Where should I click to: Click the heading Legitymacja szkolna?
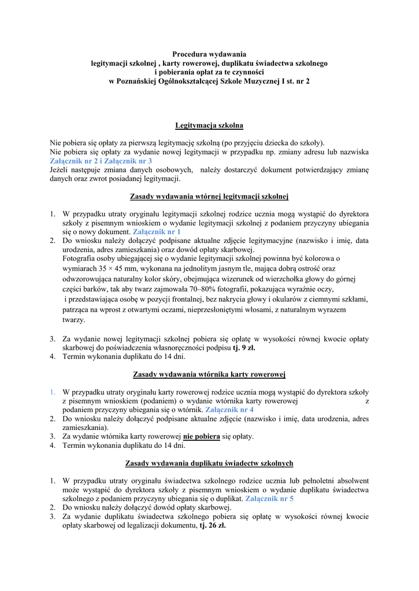pyautogui.click(x=209, y=125)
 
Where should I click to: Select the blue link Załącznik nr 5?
pyautogui.click(x=269, y=498)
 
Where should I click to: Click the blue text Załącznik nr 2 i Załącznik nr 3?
pyautogui.click(x=101, y=161)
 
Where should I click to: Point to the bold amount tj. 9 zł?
pyautogui.click(x=244, y=348)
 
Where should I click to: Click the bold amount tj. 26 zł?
pyautogui.click(x=213, y=526)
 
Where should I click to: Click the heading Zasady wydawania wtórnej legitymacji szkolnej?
pyautogui.click(x=209, y=197)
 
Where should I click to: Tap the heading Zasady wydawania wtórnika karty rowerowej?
pyautogui.click(x=209, y=375)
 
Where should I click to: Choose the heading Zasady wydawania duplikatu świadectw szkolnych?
pyautogui.click(x=209, y=463)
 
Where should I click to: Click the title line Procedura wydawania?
pyautogui.click(x=209, y=54)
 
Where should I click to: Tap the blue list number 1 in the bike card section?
pyautogui.click(x=51, y=392)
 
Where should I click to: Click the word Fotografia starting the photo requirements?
pyautogui.click(x=80, y=258)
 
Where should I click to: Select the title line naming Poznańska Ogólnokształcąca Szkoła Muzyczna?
pyautogui.click(x=209, y=81)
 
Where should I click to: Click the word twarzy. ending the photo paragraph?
pyautogui.click(x=73, y=320)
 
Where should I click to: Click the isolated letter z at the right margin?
pyautogui.click(x=367, y=401)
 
